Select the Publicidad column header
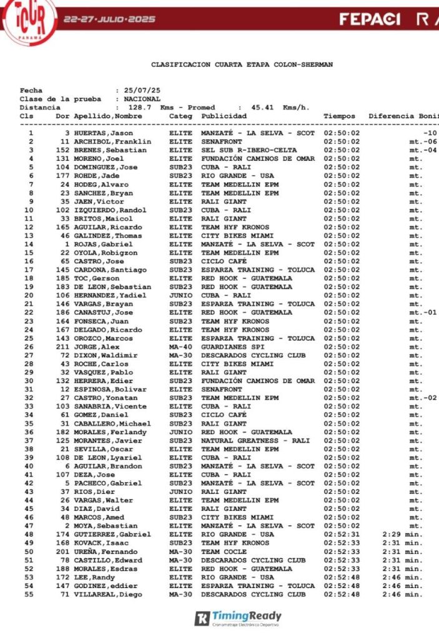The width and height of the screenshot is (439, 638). coord(224,116)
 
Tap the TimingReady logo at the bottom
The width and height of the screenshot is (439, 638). coord(239,618)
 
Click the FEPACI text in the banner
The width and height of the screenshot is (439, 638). coord(370,19)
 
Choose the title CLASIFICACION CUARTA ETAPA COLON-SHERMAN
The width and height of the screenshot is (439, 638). coord(242,64)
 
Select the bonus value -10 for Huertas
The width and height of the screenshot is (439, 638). coord(429,133)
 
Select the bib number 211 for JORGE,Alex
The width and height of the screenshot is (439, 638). coord(62,347)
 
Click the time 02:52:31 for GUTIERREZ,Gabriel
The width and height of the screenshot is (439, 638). coord(342,534)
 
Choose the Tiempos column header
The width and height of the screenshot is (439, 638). coord(339,116)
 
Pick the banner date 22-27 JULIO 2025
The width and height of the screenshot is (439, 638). coord(109,19)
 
